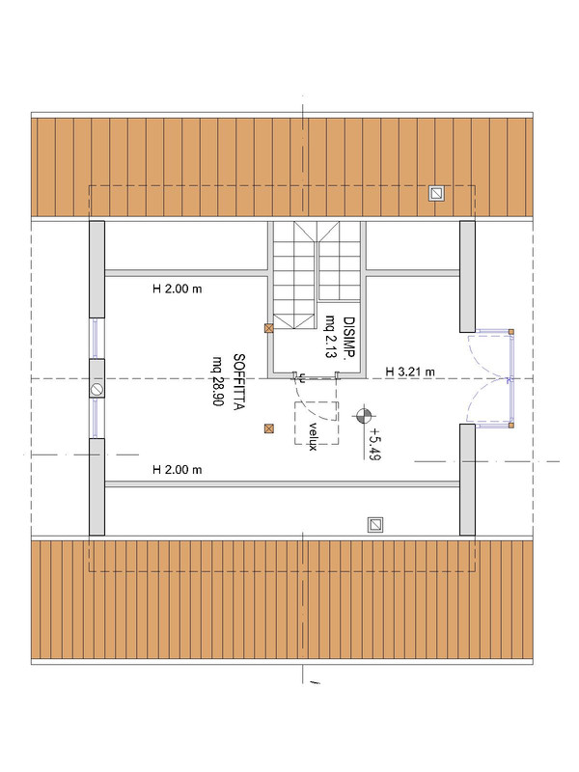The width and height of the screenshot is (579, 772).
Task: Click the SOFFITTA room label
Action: tap(239, 382)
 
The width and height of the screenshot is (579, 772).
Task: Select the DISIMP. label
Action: tap(349, 337)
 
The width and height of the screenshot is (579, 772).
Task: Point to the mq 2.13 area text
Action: tap(330, 337)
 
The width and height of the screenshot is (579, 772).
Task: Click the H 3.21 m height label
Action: tap(410, 372)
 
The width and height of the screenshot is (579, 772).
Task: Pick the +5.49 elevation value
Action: tap(374, 443)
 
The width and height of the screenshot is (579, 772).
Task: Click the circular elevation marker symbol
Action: tap(364, 416)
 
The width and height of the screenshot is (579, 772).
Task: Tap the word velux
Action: tap(312, 436)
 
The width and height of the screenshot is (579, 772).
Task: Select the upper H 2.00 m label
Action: tap(178, 289)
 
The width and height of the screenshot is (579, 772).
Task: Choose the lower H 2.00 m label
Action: tap(178, 470)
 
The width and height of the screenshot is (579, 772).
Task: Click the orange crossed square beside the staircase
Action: tap(269, 328)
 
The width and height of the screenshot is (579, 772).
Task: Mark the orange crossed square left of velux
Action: tap(268, 428)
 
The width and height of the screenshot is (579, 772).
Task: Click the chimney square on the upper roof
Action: tap(436, 193)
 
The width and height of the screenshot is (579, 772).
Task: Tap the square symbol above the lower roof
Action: tap(375, 525)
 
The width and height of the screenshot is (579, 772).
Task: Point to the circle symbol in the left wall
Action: tap(97, 390)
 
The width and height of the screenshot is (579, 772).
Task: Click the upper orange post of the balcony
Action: tap(511, 332)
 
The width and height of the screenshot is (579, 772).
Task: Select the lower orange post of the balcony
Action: tap(511, 425)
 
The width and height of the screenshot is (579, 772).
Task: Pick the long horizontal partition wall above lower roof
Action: tap(282, 484)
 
